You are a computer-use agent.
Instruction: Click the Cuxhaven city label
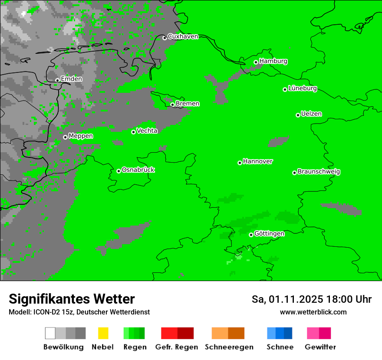183,36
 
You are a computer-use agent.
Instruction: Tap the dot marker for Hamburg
256,62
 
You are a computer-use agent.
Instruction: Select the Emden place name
71,79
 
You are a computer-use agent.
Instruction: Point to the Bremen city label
188,104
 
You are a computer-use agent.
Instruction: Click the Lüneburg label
303,88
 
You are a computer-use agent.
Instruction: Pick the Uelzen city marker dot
298,115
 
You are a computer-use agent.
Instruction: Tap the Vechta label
147,131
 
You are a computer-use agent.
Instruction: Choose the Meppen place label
81,136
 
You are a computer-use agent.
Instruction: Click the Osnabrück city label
138,170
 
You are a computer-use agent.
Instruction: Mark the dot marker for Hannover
240,163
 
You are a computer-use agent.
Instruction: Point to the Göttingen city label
269,234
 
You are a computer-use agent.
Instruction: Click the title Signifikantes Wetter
72,299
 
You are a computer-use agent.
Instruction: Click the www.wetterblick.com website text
313,312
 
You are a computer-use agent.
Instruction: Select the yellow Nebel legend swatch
103,333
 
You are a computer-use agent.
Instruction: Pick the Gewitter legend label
320,347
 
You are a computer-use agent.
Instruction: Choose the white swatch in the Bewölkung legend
50,333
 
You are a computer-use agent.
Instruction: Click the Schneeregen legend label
229,347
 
